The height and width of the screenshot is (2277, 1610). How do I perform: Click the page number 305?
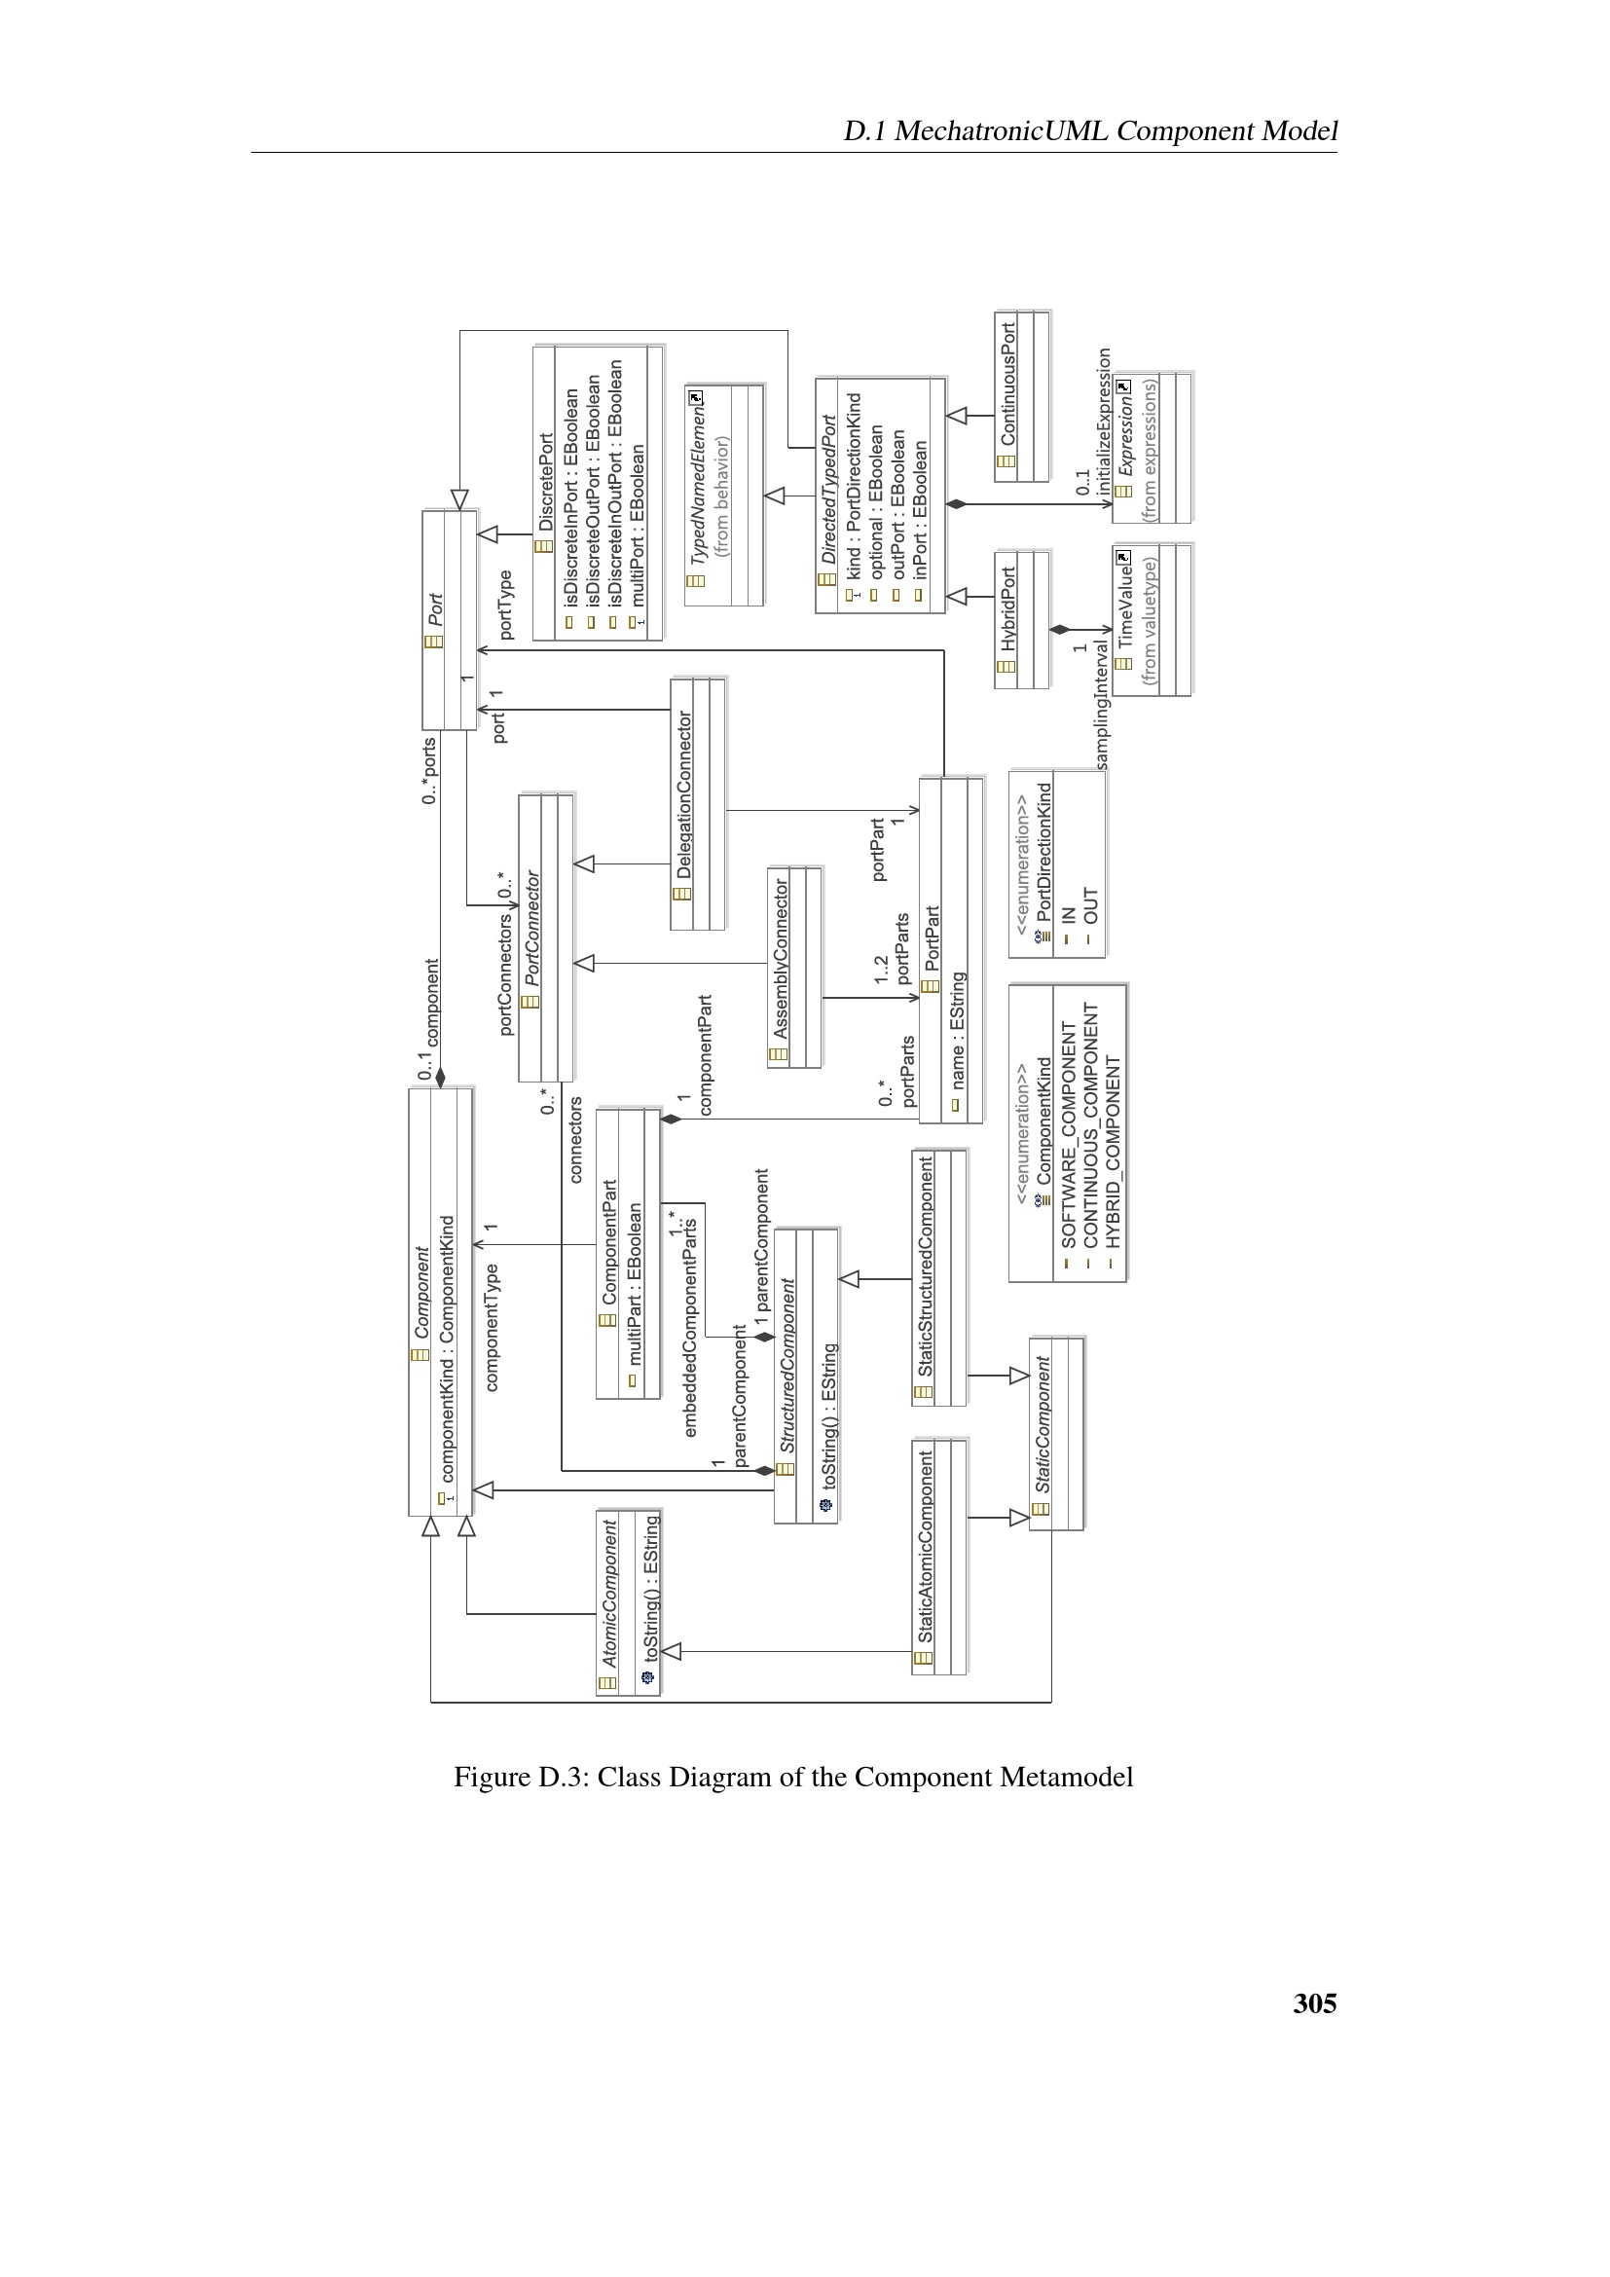point(1313,2004)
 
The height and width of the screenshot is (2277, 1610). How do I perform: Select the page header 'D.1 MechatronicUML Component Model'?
point(1089,130)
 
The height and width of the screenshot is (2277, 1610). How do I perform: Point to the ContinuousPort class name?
point(1008,383)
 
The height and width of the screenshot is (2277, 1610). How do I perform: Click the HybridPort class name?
point(1008,607)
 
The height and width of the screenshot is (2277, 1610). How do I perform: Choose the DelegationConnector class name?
point(684,794)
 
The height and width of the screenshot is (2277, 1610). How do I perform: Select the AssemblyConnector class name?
point(782,958)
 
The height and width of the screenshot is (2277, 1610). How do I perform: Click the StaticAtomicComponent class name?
point(925,1546)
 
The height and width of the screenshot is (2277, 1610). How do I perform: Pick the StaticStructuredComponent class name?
point(925,1267)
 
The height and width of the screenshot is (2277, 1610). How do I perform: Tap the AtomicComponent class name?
point(609,1593)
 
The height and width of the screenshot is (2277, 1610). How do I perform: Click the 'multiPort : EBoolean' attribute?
point(638,524)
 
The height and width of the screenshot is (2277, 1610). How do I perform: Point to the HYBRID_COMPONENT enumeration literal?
point(1113,1152)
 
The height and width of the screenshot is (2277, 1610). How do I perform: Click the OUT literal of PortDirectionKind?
point(1090,904)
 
